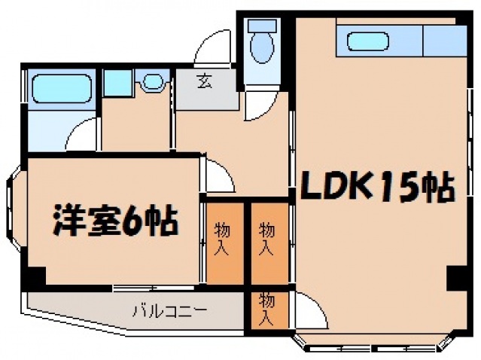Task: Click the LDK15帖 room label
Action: [377, 186]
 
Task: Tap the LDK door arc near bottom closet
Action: [309, 309]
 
